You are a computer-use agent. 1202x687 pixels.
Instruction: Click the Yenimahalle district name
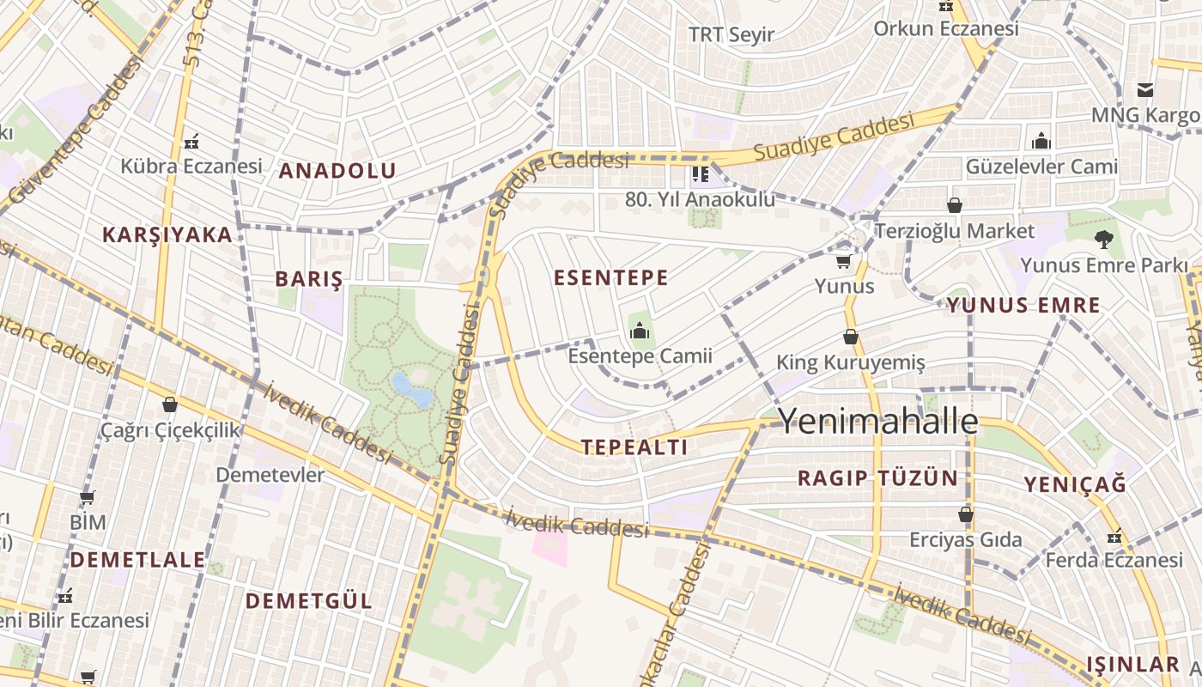click(x=877, y=422)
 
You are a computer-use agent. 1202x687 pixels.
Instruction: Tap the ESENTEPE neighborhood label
click(x=610, y=278)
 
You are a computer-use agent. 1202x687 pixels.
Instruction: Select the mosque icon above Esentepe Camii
click(x=640, y=331)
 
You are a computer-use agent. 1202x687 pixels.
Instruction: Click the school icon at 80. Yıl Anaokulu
click(x=700, y=175)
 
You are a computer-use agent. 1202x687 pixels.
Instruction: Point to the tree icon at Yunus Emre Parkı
click(x=1104, y=240)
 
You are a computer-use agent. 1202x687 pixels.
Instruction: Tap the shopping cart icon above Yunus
click(x=844, y=261)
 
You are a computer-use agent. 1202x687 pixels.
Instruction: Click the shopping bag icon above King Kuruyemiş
click(x=850, y=337)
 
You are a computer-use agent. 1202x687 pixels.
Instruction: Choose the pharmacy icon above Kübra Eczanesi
click(x=191, y=140)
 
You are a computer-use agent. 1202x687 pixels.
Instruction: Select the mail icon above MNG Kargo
click(x=1145, y=89)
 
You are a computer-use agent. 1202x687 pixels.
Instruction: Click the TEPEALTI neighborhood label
click(x=634, y=447)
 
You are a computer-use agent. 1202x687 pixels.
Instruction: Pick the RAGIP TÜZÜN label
click(x=877, y=478)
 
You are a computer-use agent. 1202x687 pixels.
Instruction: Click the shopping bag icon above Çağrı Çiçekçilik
click(x=170, y=404)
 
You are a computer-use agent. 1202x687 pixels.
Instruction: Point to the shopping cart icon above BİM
click(x=87, y=497)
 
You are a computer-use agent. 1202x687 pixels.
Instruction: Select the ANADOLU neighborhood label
click(x=337, y=171)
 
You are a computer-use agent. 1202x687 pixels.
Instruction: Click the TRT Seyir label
click(x=732, y=35)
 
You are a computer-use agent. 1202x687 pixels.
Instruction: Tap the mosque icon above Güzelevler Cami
click(x=1041, y=140)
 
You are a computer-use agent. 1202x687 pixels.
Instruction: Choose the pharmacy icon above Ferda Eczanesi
click(x=1114, y=537)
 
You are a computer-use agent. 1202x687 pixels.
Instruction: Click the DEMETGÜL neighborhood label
click(x=309, y=601)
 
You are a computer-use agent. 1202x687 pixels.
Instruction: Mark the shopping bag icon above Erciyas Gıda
click(x=966, y=514)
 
